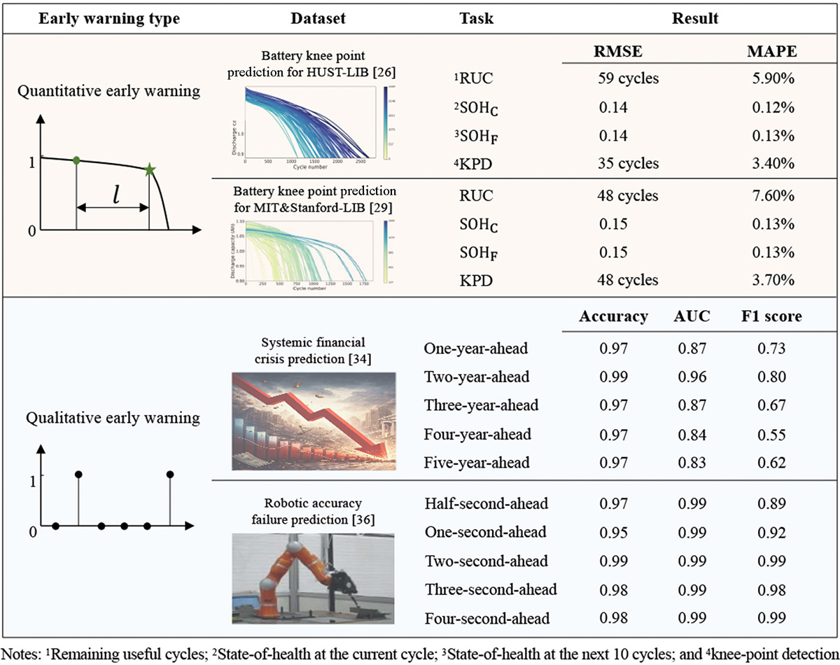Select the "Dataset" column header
tap(318, 19)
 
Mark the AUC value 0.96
tap(692, 377)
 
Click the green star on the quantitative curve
tap(149, 169)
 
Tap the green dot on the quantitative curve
tap(76, 160)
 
